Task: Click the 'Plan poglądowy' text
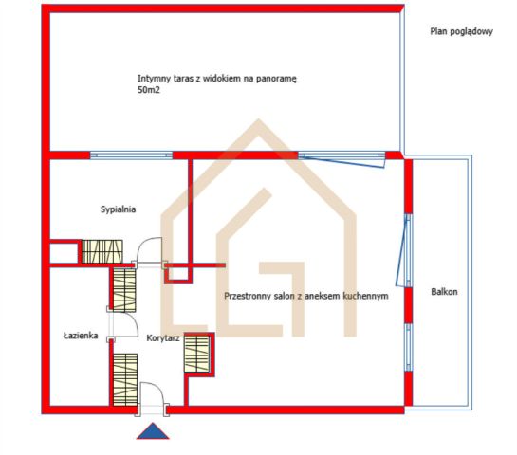pyautogui.click(x=461, y=31)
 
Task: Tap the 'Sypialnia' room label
pyautogui.click(x=118, y=209)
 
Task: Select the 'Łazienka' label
pyautogui.click(x=81, y=336)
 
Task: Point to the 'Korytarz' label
pyautogui.click(x=163, y=338)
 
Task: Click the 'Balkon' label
pyautogui.click(x=444, y=292)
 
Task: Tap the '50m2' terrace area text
pyautogui.click(x=148, y=90)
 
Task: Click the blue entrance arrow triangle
pyautogui.click(x=153, y=430)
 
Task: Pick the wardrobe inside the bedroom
pyautogui.click(x=102, y=251)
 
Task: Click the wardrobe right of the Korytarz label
pyautogui.click(x=197, y=354)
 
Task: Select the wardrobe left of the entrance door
pyautogui.click(x=125, y=379)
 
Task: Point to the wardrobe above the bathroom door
pyautogui.click(x=124, y=290)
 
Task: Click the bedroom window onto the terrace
pyautogui.click(x=131, y=155)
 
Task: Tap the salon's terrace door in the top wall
pyautogui.click(x=342, y=158)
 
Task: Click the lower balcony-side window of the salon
pyautogui.click(x=409, y=348)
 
